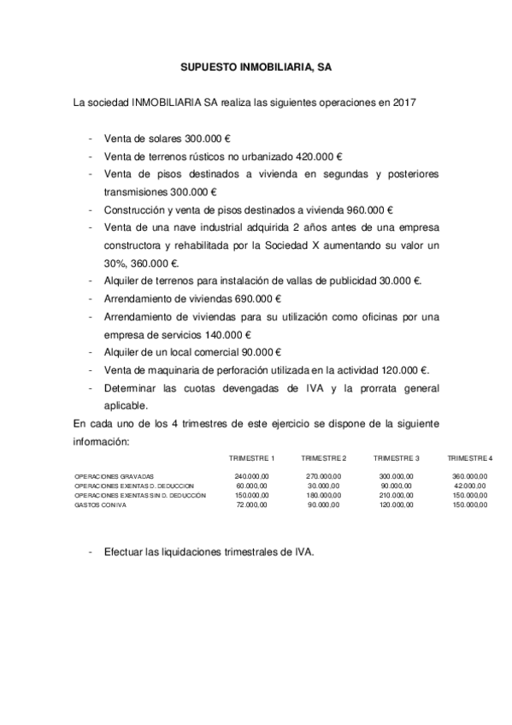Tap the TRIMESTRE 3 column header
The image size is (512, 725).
coord(396,458)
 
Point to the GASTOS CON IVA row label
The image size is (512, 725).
coord(97,504)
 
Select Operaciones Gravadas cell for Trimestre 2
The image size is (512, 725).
coord(324,475)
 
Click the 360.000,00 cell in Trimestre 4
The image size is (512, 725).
coord(469,475)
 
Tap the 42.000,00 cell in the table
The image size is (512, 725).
coord(470,486)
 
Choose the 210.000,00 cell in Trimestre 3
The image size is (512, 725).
coord(396,495)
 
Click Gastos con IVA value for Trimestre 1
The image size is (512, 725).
coord(252,504)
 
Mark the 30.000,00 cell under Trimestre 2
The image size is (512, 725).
coord(325,486)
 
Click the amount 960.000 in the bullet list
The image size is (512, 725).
coord(366,209)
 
